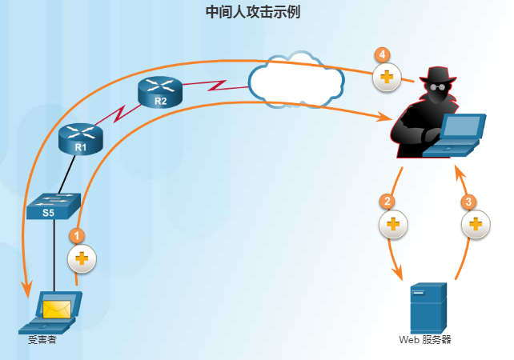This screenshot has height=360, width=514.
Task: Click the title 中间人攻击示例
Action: (253, 13)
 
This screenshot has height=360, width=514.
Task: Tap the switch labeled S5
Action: (53, 206)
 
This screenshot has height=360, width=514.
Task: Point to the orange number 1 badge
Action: (77, 236)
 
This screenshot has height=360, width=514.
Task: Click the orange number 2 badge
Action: (388, 202)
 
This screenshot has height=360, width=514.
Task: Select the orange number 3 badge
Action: (470, 202)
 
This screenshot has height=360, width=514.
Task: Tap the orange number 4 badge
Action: (382, 55)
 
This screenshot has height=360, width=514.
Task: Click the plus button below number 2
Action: (392, 224)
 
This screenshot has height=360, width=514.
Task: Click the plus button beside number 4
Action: (387, 78)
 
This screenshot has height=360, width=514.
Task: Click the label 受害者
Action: (41, 340)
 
